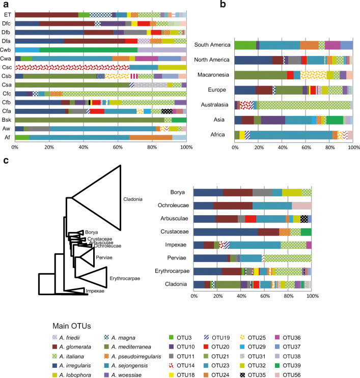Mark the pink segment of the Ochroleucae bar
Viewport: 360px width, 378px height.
point(301,205)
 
